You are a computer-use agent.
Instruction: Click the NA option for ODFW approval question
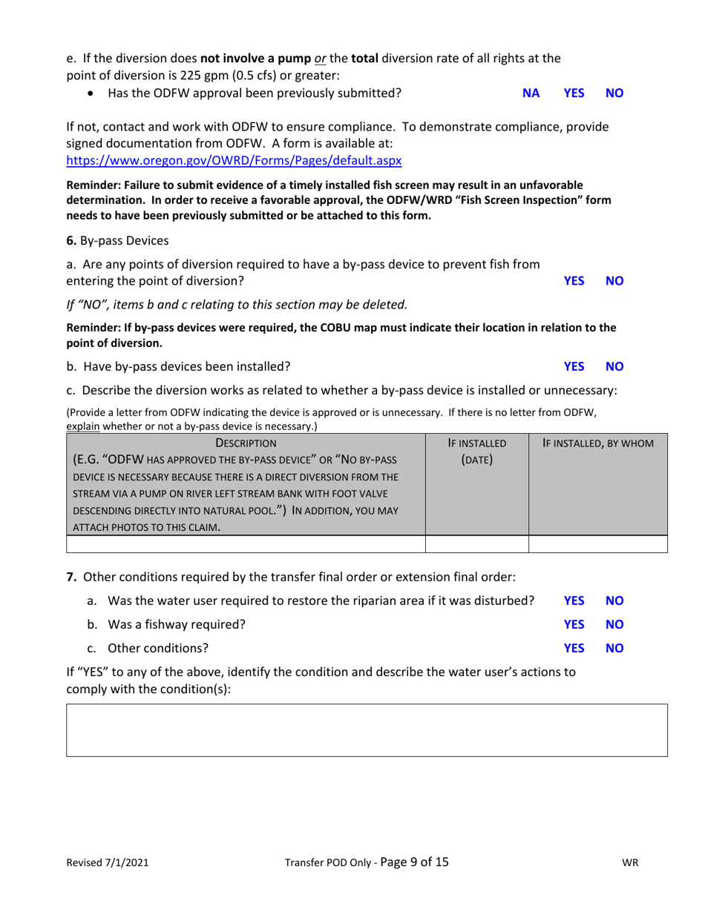point(531,93)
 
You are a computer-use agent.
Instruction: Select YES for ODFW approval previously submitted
point(574,93)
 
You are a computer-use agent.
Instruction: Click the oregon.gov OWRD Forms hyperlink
point(234,160)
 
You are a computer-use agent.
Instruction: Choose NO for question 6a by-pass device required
point(615,281)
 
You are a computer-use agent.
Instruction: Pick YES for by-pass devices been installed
point(574,366)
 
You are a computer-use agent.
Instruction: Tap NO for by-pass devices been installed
point(615,366)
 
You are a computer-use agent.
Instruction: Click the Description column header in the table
point(246,443)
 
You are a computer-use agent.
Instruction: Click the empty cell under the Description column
point(246,544)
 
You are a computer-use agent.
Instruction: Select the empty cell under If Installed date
point(476,544)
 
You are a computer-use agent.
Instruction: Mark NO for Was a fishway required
point(615,624)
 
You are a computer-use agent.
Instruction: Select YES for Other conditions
point(574,648)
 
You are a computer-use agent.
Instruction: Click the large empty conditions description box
point(367,730)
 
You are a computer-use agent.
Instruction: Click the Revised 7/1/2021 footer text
point(101,863)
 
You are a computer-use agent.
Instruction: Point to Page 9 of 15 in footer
point(414,862)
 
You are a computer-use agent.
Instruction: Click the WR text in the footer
point(631,863)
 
